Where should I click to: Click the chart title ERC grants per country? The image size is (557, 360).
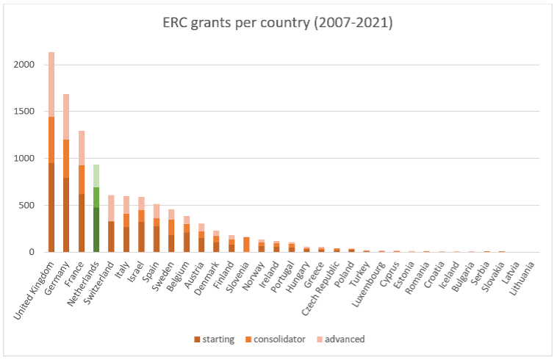tap(278, 23)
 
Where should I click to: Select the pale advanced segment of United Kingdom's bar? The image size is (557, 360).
tap(51, 84)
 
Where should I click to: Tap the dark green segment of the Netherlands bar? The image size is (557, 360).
tap(96, 229)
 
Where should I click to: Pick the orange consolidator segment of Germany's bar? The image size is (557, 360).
tap(66, 159)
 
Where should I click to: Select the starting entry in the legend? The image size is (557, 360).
tap(215, 339)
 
